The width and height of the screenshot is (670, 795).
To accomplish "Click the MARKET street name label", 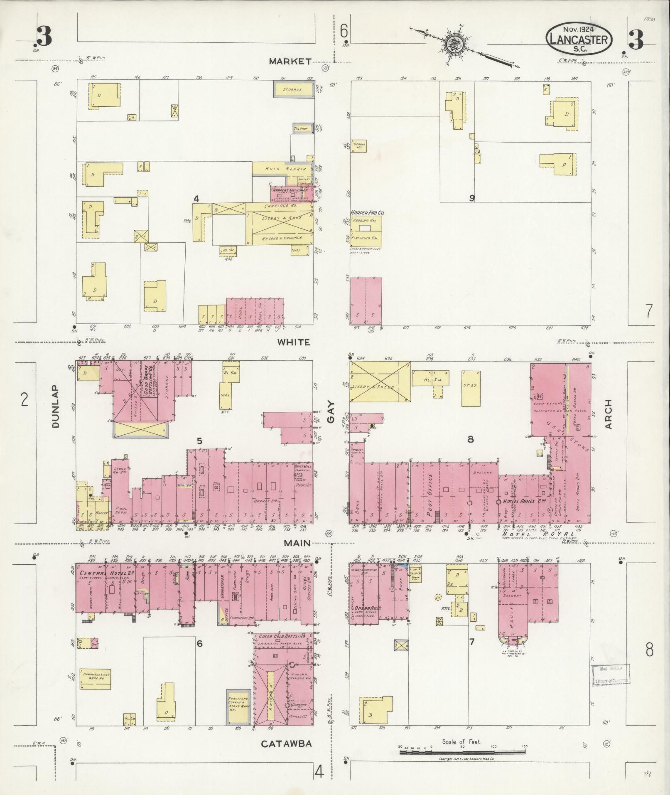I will tap(290, 62).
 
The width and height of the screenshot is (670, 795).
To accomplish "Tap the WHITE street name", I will tap(294, 342).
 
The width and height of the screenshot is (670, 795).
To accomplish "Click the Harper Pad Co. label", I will tap(367, 212).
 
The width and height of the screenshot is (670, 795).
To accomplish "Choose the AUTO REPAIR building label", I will tap(286, 169).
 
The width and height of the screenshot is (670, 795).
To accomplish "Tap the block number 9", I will tap(472, 198).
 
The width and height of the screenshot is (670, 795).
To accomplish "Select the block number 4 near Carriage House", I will tap(196, 199).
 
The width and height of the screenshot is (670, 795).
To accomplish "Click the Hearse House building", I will tap(358, 145).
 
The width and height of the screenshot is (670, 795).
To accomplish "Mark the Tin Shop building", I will tap(301, 129).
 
